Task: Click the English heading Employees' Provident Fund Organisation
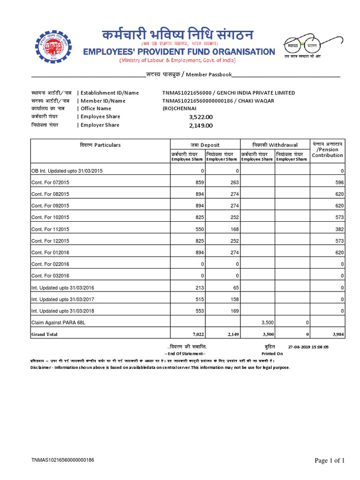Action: pyautogui.click(x=179, y=52)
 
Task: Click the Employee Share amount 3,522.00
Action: pyautogui.click(x=201, y=117)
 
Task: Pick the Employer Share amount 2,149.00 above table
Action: pyautogui.click(x=201, y=126)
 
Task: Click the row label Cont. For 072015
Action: pyautogui.click(x=50, y=182)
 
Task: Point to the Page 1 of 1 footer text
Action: pyautogui.click(x=330, y=460)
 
